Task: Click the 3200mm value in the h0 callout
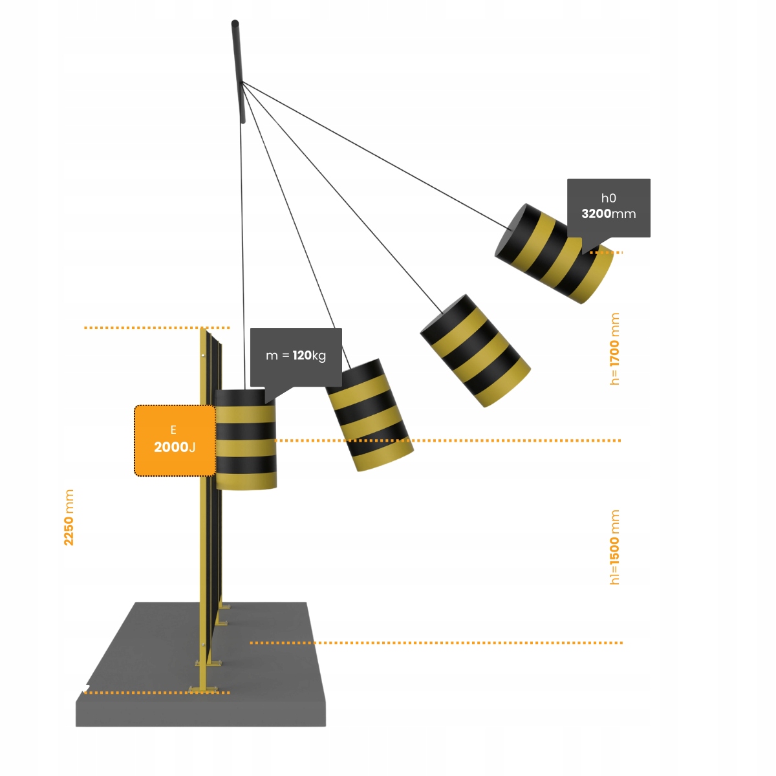609,214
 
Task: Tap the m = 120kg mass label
296,355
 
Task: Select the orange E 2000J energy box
175,440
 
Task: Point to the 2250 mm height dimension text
69,517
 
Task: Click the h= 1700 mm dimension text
614,349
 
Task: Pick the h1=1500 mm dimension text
614,547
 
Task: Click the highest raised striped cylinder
553,254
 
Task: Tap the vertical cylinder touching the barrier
246,440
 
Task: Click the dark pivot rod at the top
239,71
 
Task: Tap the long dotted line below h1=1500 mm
436,643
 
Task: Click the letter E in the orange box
173,430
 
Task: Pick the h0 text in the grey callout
609,199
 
